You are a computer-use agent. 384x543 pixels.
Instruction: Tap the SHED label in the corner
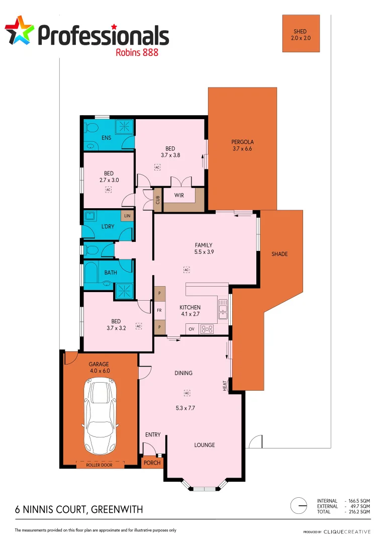pos(300,31)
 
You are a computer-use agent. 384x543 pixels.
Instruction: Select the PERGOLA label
pos(242,142)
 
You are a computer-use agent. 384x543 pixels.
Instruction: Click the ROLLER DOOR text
pos(100,465)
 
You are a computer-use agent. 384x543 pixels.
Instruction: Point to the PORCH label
pos(152,463)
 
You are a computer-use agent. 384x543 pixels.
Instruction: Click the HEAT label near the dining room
pos(225,385)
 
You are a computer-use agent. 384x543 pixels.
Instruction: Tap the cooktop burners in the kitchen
pos(207,329)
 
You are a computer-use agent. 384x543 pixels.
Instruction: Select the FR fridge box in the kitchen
pos(159,310)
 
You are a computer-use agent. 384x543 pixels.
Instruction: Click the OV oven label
pos(191,329)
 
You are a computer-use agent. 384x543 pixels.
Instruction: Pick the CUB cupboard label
pos(157,199)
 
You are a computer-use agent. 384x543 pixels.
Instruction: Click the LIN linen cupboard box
pos(127,216)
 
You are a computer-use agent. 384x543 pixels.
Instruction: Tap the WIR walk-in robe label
pos(179,195)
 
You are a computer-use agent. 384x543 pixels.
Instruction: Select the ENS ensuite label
pos(106,138)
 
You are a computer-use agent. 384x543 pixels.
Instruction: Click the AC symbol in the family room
pos(186,270)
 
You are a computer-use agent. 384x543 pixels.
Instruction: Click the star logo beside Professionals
pos(20,30)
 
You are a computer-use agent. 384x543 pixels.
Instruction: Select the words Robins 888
pos(137,52)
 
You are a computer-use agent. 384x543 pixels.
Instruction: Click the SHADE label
pos(279,254)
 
